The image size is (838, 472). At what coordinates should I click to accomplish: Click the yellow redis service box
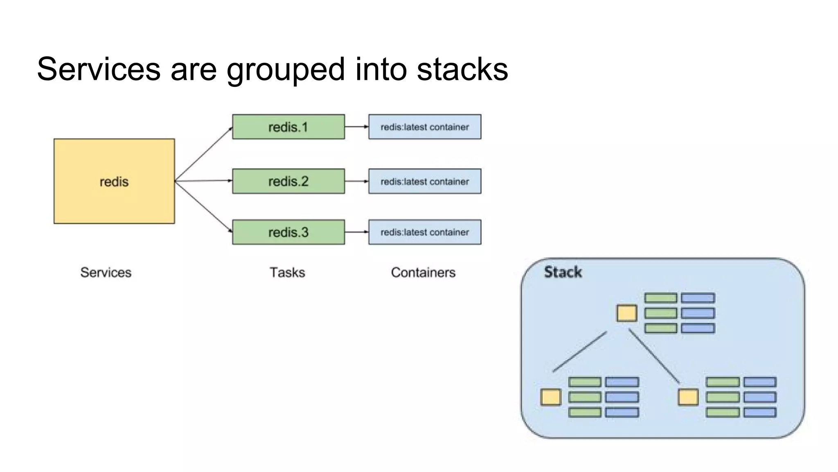114,181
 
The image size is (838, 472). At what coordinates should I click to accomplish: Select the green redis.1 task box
288,127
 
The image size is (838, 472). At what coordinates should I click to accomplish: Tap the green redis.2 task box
288,181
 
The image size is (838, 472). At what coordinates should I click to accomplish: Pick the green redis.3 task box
288,232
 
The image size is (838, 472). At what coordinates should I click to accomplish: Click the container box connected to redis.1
425,127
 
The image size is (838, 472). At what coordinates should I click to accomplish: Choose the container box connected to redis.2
425,181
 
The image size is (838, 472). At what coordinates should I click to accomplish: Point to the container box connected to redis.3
425,232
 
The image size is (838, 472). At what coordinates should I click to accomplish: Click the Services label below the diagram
106,272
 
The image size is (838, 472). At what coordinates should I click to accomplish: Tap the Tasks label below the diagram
287,272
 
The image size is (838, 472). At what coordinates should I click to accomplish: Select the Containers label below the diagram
423,272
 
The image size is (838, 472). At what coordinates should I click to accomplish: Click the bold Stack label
563,272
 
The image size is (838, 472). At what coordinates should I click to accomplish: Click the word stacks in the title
462,69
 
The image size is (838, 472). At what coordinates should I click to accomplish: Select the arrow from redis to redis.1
203,154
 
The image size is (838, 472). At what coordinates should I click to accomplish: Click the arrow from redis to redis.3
203,206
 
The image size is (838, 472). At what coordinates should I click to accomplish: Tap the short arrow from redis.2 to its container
356,181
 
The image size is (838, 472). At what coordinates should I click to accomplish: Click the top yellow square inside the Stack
627,313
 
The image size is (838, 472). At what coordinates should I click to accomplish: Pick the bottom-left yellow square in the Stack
550,397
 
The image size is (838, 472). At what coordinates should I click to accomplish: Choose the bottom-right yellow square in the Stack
688,397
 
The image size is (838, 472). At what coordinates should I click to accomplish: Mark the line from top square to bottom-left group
579,352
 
